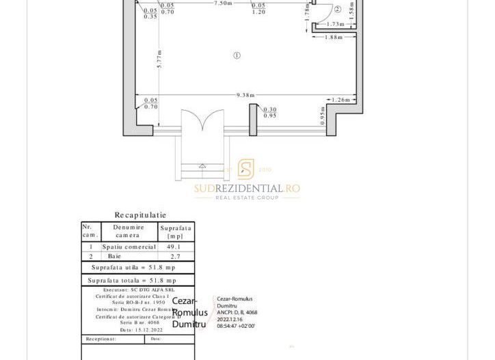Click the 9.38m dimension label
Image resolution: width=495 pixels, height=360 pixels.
pos(245,96)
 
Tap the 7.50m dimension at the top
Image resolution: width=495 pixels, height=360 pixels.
pos(223,3)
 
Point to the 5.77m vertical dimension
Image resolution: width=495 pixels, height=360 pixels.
pos(159,59)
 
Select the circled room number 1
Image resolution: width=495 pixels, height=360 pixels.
pos(237,55)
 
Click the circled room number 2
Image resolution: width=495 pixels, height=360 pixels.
pos(337,10)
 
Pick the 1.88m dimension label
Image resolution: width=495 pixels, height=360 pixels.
pos(334,38)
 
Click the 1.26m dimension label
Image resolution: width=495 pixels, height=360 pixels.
pos(341,100)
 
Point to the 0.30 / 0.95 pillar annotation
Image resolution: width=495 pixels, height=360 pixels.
pos(270,113)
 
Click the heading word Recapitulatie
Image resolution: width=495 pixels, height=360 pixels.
pos(140,215)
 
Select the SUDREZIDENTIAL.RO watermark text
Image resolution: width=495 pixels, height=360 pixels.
pos(246,189)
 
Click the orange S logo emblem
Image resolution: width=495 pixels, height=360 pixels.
pos(245,169)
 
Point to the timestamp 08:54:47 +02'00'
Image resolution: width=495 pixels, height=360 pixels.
pos(236,327)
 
